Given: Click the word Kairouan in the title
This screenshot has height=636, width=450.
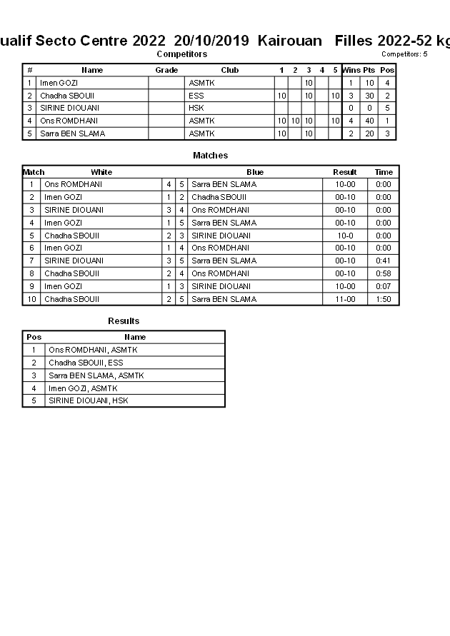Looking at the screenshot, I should coord(290,41).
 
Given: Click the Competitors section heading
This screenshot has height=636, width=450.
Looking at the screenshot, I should coord(181,54).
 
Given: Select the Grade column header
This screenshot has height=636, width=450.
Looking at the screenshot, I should coord(166,71).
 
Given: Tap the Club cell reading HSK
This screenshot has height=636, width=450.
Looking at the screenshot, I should coord(196,108).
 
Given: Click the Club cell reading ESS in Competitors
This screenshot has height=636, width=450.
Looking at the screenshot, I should coord(196,96).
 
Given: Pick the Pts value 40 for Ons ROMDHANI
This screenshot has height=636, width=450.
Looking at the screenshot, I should coord(369,121).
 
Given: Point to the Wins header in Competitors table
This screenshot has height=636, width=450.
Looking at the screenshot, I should coord(351,71).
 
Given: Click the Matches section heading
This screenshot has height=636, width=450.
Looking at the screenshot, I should coord(210,156).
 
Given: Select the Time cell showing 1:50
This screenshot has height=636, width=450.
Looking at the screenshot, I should coord(384,299).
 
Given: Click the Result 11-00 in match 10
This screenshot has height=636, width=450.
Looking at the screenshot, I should coord(345,299).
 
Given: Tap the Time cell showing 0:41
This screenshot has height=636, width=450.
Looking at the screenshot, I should coord(384,261).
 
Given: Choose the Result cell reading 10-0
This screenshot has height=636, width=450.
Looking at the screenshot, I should coord(345,236).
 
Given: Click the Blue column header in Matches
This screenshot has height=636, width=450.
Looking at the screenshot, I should coord(255,172).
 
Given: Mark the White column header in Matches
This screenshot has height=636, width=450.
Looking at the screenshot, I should coord(101,172).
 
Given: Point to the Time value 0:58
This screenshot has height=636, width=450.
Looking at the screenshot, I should coord(384,273).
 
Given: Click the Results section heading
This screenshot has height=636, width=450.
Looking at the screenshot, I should coord(124,321).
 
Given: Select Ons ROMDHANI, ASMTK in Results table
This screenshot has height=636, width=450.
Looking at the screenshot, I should coord(93,350).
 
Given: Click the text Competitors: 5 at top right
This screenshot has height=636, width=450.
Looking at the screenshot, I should coord(404,54).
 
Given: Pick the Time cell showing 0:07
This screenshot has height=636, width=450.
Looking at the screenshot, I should coord(384,286).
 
